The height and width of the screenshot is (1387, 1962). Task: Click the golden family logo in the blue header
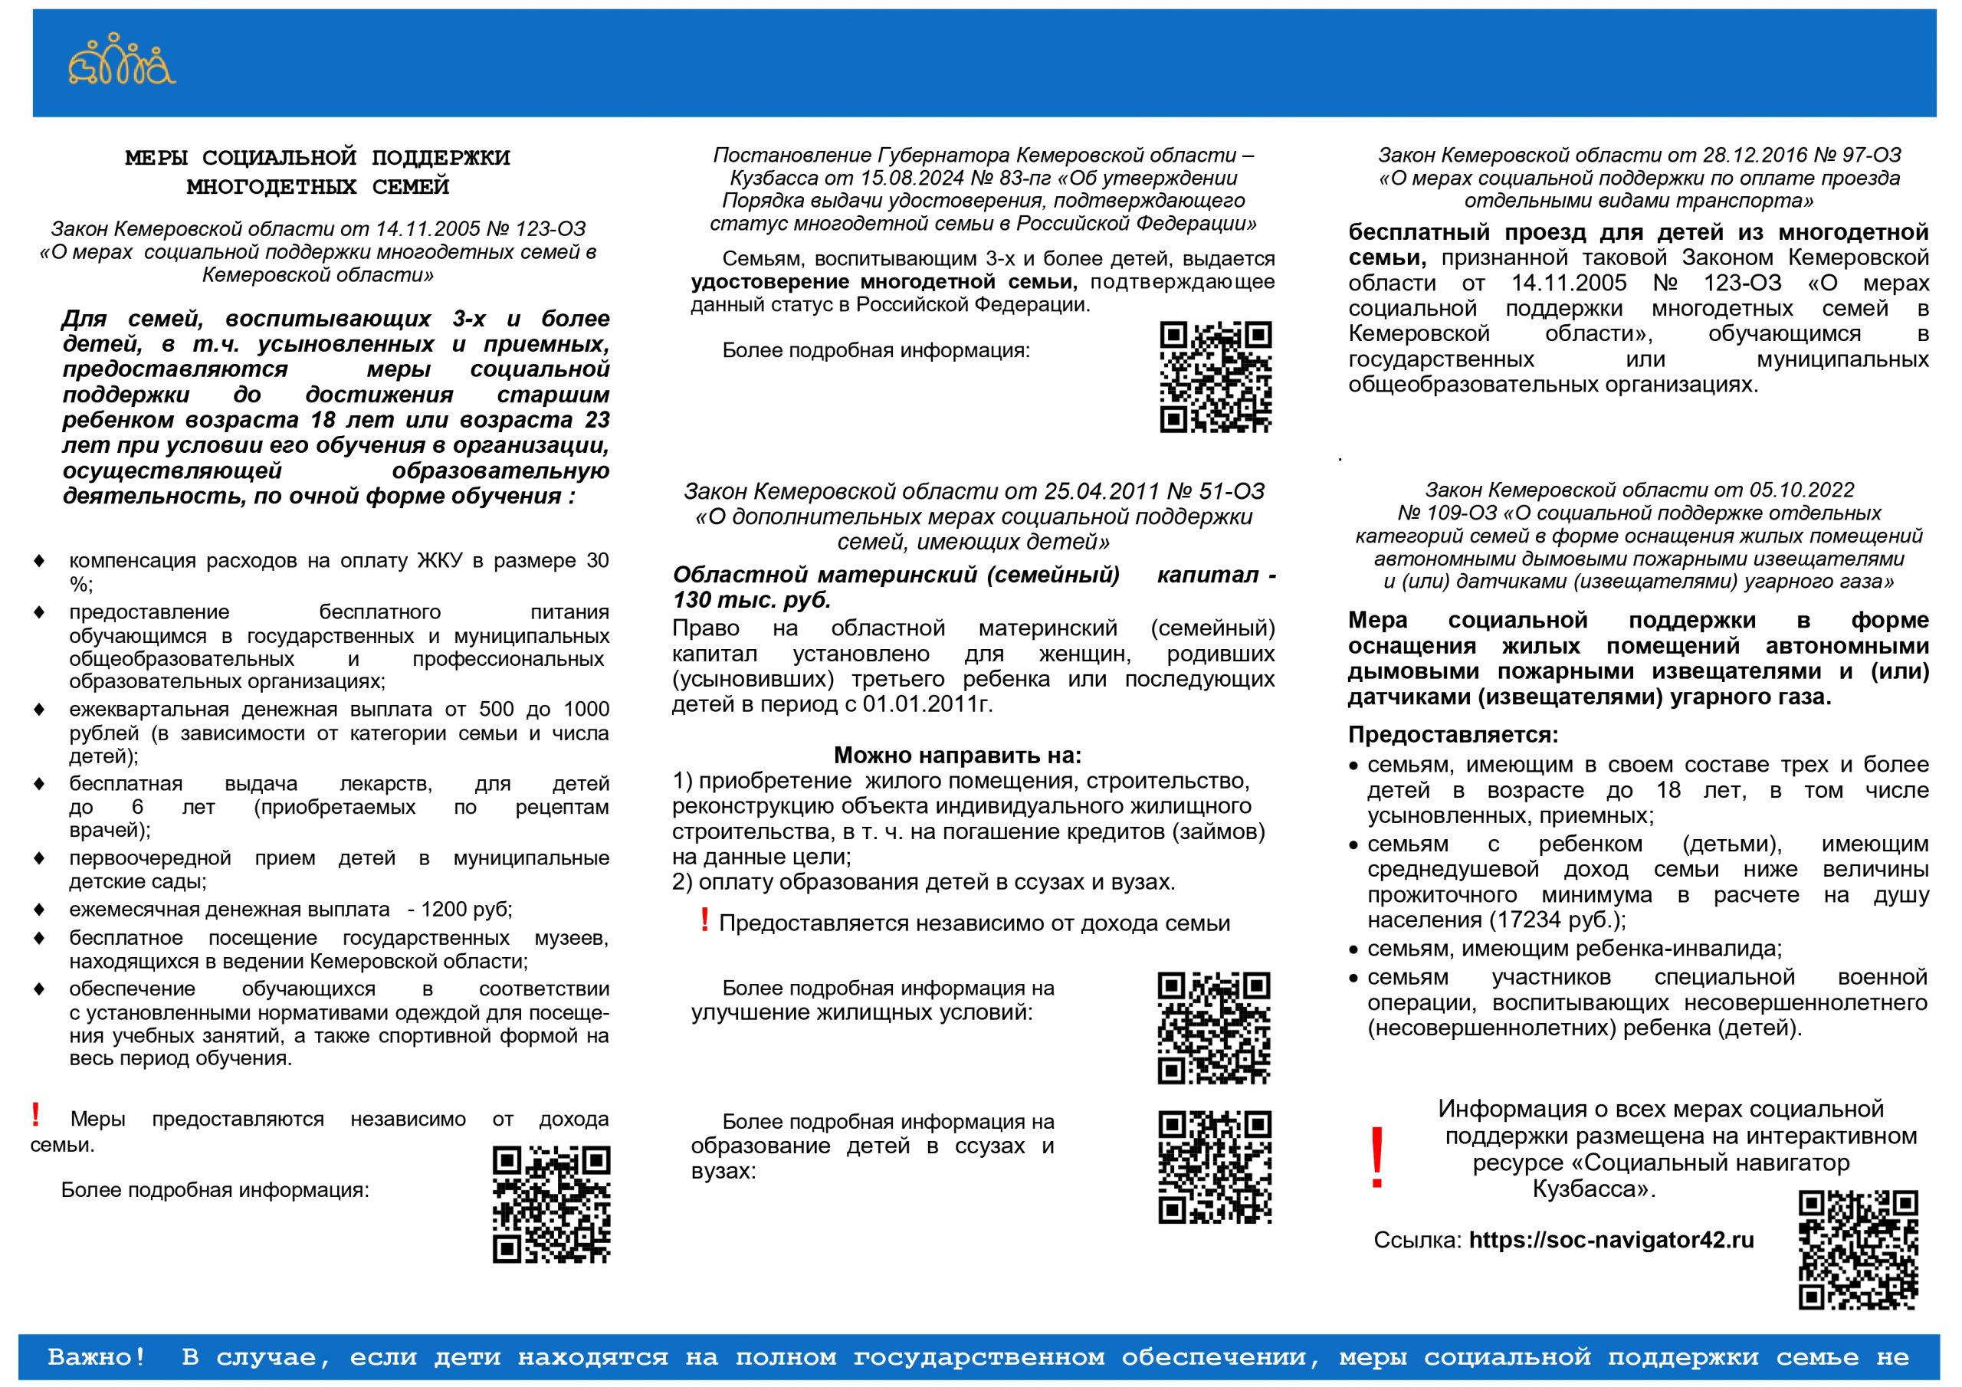point(121,60)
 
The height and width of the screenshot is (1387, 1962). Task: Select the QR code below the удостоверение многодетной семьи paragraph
point(1216,377)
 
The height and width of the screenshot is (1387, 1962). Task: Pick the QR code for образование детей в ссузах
point(1214,1166)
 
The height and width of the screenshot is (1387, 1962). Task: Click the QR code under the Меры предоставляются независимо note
point(551,1204)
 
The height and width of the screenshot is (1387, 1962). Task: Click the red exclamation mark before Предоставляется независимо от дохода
point(704,920)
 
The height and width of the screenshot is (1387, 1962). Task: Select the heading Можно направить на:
point(957,756)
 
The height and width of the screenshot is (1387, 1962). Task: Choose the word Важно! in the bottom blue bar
point(97,1357)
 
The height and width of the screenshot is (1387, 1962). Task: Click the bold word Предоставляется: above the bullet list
point(1452,735)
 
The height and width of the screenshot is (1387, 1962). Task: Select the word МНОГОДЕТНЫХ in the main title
point(271,186)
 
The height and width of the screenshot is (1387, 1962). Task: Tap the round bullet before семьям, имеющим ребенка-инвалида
point(1353,950)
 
